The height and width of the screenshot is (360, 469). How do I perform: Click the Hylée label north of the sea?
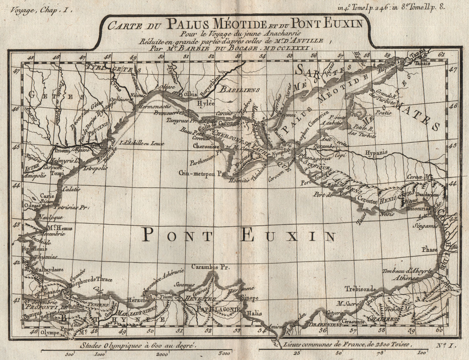(x=205, y=103)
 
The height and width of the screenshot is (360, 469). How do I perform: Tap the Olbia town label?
(x=191, y=94)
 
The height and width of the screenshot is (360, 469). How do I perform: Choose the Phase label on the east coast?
(x=429, y=250)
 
